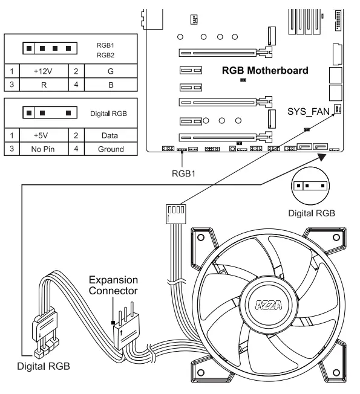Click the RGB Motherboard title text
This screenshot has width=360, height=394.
tap(265, 71)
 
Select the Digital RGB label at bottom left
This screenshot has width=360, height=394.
tap(43, 366)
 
